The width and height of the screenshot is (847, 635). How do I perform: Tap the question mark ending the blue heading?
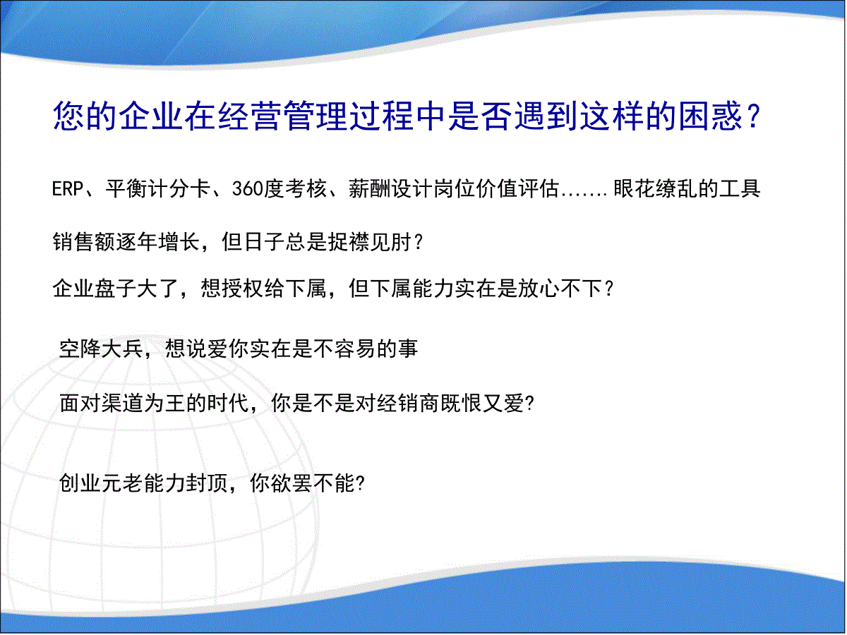753,116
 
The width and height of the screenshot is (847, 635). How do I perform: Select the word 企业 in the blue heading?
150,116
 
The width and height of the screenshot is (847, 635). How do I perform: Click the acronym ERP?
68,189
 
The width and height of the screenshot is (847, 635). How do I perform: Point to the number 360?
247,189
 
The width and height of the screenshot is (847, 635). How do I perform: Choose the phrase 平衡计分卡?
158,189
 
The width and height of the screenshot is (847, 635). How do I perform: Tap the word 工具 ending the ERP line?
740,189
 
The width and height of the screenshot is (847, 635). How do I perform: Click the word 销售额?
84,242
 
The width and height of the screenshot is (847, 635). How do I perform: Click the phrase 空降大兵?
101,349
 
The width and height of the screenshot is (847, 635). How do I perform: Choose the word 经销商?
408,404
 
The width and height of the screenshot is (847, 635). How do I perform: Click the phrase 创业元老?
101,483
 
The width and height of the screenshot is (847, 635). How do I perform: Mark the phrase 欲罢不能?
313,483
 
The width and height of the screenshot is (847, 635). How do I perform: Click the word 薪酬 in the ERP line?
370,189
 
